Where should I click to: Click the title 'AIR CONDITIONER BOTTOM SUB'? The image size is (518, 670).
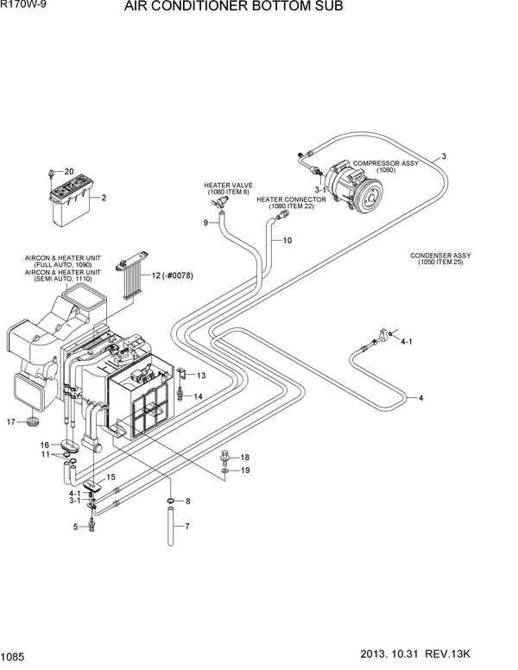[x=233, y=8]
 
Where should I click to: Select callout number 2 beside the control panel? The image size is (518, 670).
[x=104, y=199]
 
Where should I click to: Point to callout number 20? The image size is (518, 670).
[x=69, y=172]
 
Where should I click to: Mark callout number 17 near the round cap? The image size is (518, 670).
[x=11, y=421]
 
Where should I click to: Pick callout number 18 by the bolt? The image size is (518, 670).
[x=244, y=457]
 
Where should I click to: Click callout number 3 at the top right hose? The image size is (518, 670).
[x=443, y=156]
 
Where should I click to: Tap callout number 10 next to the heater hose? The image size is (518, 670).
[x=287, y=239]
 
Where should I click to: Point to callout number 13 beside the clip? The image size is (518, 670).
[x=200, y=376]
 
